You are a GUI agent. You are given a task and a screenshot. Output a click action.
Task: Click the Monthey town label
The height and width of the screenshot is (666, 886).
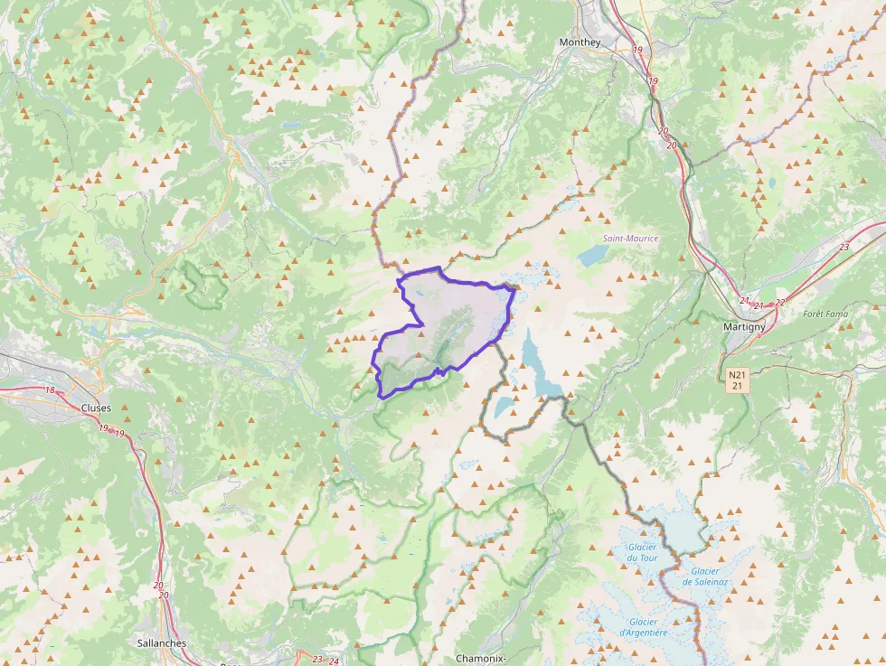click(580, 42)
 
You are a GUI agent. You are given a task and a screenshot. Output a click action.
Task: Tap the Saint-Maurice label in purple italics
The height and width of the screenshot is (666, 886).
click(631, 239)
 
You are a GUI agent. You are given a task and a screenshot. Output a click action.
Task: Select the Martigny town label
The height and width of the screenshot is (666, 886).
click(744, 326)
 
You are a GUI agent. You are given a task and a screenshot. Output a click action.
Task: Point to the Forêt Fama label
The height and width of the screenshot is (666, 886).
click(825, 314)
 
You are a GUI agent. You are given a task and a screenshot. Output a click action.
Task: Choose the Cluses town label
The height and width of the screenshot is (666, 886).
click(96, 408)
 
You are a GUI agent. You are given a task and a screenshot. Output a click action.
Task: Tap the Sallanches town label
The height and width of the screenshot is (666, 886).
click(161, 643)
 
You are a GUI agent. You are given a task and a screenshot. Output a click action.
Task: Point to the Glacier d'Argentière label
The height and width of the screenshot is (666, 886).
click(644, 627)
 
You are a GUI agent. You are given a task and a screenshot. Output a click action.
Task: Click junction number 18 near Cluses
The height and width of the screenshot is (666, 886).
click(50, 390)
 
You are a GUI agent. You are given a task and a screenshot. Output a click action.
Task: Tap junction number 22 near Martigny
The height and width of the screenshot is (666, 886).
click(780, 303)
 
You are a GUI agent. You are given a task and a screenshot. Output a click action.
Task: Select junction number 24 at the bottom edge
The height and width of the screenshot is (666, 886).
click(335, 661)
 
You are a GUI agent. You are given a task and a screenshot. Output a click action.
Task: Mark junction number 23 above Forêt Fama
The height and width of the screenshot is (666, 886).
click(844, 247)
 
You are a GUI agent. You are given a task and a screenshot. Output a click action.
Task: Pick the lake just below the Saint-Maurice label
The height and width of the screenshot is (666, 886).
click(595, 256)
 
